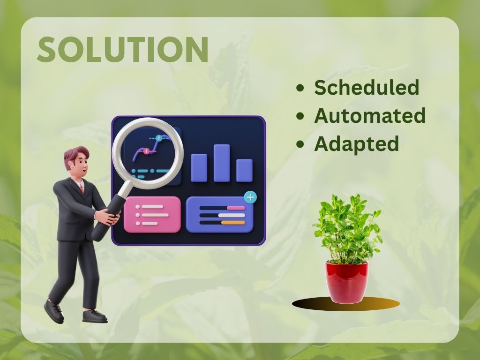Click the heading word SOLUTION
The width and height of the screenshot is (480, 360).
(x=123, y=49)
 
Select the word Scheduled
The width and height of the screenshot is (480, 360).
(x=367, y=88)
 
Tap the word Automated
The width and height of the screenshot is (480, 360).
(x=370, y=115)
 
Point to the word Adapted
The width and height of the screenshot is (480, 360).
(x=356, y=144)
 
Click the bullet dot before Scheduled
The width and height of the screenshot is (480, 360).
(x=300, y=88)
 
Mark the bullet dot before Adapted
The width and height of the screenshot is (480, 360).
(x=300, y=144)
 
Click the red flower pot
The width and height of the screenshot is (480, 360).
(x=347, y=282)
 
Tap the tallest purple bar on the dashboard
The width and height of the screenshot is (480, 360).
(x=222, y=163)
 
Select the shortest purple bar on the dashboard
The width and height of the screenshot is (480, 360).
(x=244, y=170)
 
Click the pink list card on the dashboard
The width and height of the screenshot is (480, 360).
(x=152, y=215)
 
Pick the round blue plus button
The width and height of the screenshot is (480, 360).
(x=250, y=197)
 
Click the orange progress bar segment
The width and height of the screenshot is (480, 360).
(x=233, y=223)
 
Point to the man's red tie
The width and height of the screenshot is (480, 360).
(x=82, y=187)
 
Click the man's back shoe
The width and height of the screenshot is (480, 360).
(x=54, y=311)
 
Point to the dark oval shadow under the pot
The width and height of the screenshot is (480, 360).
(x=346, y=304)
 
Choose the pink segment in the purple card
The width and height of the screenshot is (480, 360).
(x=236, y=208)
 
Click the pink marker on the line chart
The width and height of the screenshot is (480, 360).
(x=146, y=151)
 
